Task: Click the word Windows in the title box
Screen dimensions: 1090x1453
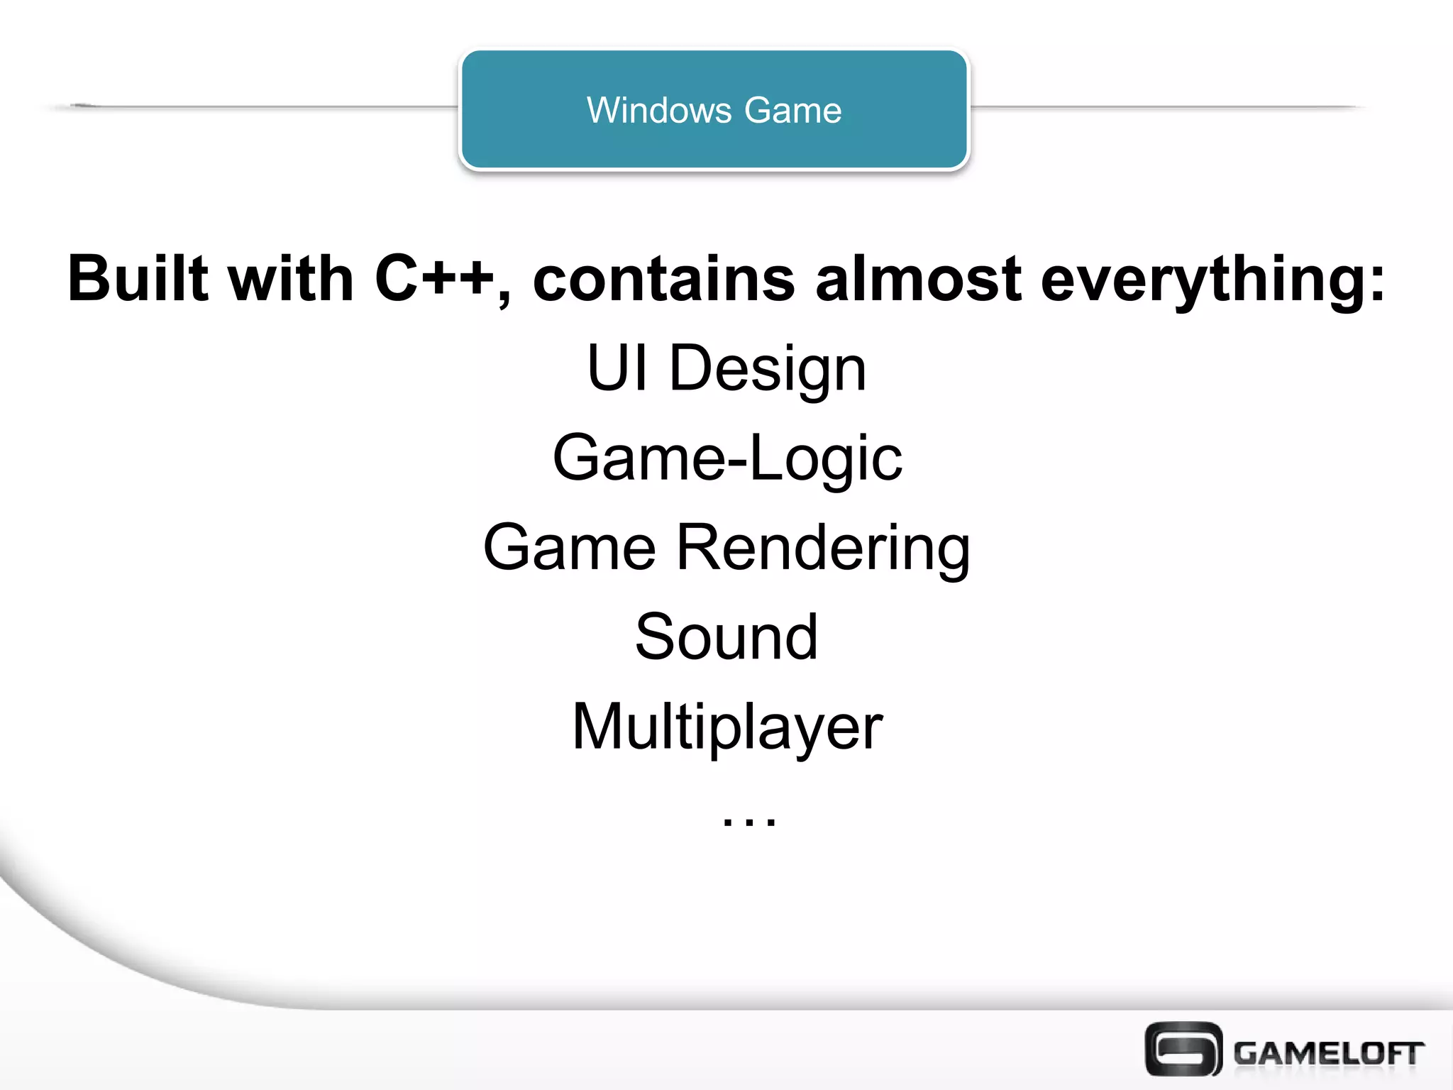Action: coord(658,111)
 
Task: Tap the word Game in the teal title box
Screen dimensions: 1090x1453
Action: coord(793,111)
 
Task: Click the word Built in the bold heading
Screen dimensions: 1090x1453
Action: coord(138,278)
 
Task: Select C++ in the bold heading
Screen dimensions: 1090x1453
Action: coord(434,278)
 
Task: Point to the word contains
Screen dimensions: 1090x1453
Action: coord(663,278)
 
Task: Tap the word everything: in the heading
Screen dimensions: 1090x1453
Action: coord(1212,280)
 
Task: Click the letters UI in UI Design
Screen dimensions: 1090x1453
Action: coord(617,368)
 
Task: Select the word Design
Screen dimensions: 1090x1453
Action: coord(768,369)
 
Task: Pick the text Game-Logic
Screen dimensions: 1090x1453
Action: coord(727,458)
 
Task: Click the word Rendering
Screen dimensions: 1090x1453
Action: coord(823,548)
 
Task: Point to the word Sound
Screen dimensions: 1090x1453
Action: coord(726,637)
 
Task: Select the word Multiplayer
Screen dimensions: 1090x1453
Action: coord(727,727)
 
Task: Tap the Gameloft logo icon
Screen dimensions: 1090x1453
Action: coord(1183,1048)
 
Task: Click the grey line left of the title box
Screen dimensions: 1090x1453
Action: coord(270,107)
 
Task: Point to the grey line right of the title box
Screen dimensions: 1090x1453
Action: coord(1164,107)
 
